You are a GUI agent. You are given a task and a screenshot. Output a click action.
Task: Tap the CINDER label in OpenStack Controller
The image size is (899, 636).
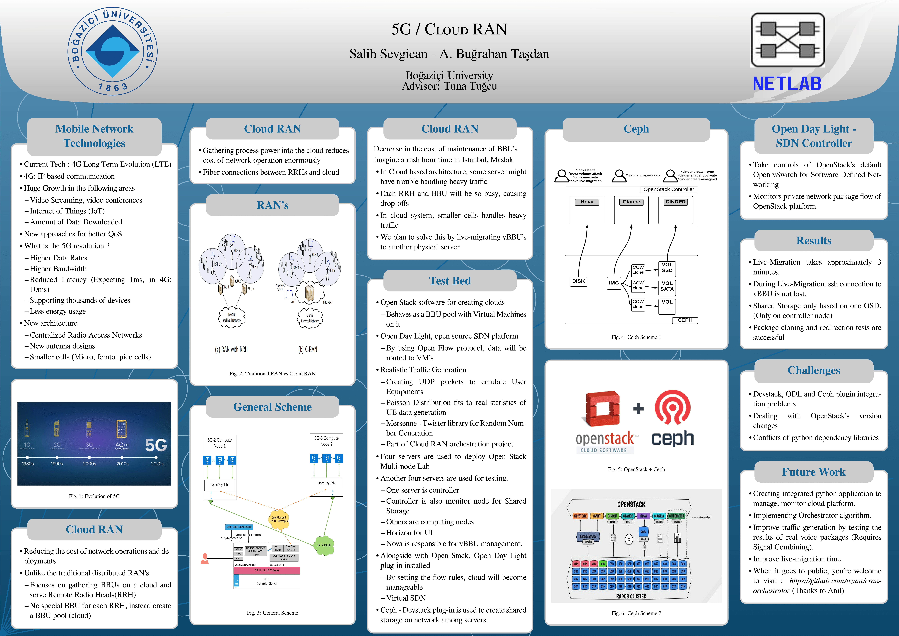tap(675, 202)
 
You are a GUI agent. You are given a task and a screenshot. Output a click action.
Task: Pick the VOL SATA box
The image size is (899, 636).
tap(667, 286)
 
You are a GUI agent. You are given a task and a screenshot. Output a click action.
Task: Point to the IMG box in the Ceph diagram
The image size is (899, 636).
tap(614, 283)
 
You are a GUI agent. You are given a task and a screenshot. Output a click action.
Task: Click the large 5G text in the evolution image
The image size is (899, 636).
tap(156, 445)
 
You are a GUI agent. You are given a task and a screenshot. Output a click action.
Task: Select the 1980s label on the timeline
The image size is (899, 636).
tap(28, 464)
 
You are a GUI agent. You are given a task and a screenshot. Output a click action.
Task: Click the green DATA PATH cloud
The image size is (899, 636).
tap(324, 545)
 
